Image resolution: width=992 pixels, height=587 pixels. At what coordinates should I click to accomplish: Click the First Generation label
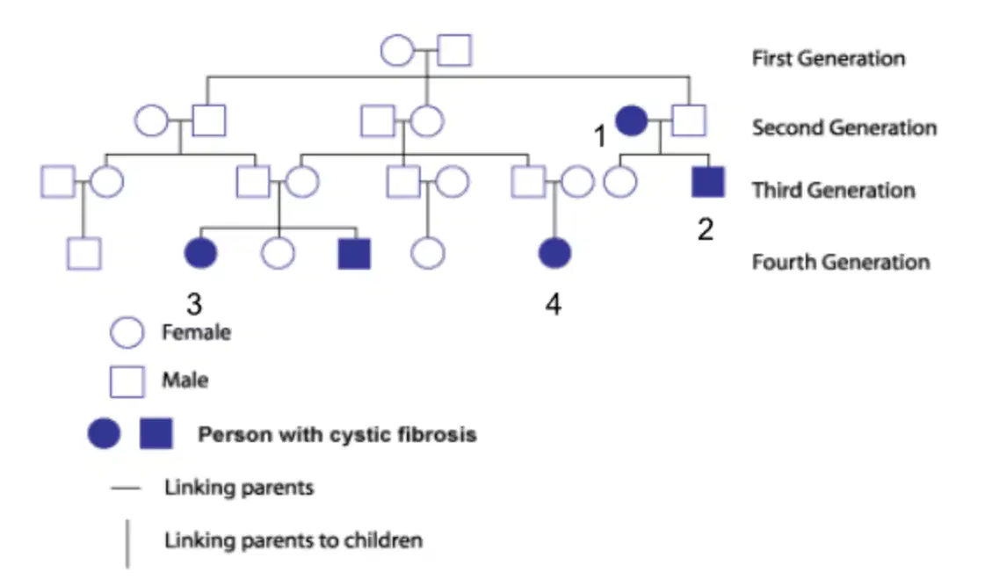(x=829, y=58)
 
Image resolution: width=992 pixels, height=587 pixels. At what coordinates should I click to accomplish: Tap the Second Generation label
(x=844, y=127)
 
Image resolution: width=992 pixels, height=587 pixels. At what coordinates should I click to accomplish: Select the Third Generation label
(x=833, y=190)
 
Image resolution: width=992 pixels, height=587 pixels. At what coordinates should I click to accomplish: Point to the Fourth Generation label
(x=841, y=262)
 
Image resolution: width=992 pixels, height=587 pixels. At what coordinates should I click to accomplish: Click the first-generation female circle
(x=397, y=51)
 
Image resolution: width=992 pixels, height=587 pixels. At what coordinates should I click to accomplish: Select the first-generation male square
(x=455, y=51)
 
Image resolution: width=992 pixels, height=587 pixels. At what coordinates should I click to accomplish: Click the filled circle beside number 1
(x=632, y=120)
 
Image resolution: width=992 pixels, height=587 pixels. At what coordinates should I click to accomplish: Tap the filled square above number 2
(x=708, y=182)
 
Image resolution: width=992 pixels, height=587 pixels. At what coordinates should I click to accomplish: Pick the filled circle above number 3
(x=200, y=254)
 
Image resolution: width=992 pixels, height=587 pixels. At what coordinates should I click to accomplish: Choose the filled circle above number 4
(x=554, y=253)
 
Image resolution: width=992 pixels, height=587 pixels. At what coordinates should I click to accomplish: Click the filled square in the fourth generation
(x=354, y=254)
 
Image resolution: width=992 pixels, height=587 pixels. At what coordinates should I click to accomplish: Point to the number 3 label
(x=194, y=304)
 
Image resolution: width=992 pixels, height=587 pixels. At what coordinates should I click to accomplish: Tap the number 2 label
(x=706, y=229)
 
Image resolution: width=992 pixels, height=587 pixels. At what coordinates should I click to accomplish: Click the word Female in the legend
(x=196, y=332)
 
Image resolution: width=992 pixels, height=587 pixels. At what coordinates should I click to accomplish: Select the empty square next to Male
(x=127, y=381)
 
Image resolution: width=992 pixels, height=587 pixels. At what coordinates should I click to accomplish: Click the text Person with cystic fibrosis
(x=337, y=435)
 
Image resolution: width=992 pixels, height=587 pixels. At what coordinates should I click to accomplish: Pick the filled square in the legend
(x=156, y=434)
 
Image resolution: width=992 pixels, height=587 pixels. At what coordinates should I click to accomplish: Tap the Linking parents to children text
(x=293, y=540)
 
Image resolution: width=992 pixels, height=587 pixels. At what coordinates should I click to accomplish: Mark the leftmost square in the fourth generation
(x=84, y=254)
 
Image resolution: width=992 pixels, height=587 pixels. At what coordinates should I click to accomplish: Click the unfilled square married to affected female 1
(x=689, y=120)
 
